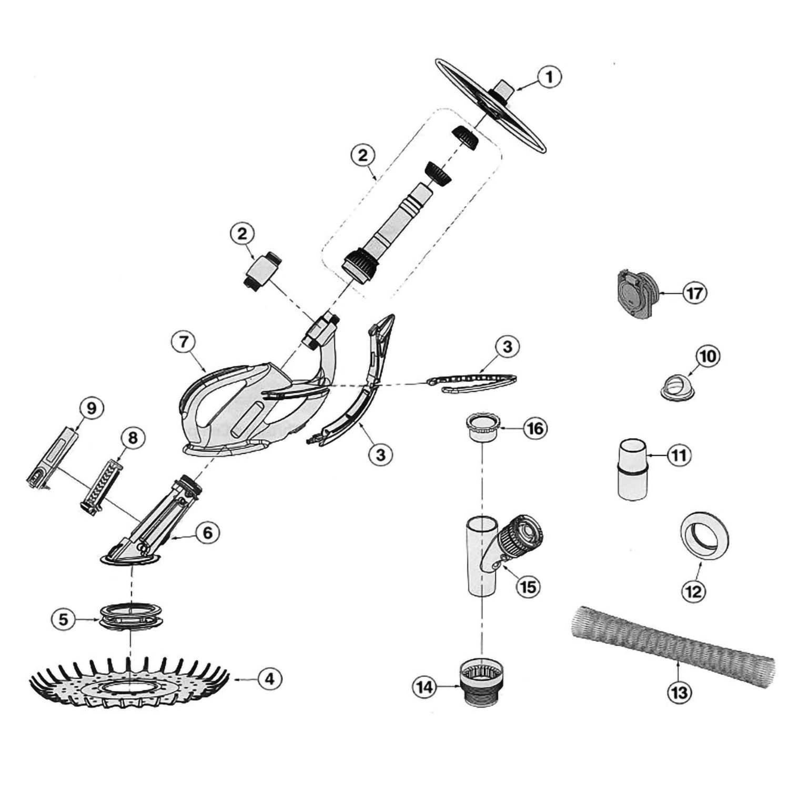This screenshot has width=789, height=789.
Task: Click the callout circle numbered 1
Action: point(549,78)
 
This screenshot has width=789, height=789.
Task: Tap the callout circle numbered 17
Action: point(694,293)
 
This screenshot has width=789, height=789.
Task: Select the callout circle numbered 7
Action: point(183,342)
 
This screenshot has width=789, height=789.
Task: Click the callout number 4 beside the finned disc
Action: point(269,679)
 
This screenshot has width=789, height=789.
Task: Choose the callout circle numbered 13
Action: point(679,693)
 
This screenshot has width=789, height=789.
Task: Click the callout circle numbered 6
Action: point(207,533)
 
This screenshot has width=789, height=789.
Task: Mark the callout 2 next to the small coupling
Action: point(242,234)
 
